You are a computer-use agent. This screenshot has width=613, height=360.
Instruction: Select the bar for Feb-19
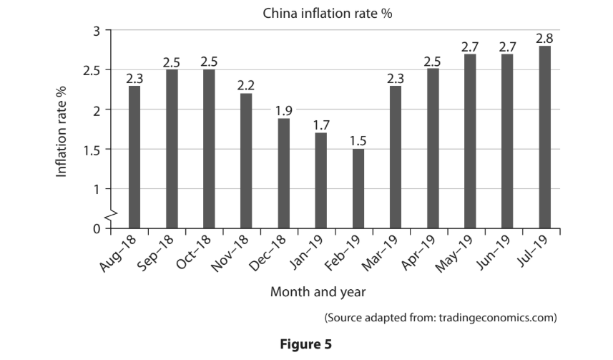pyautogui.click(x=358, y=188)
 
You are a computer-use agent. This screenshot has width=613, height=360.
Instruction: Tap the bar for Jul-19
pyautogui.click(x=544, y=137)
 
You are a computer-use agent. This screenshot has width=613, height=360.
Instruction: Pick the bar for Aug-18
pyautogui.click(x=134, y=157)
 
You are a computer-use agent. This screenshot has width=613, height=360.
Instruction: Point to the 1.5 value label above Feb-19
pyautogui.click(x=358, y=140)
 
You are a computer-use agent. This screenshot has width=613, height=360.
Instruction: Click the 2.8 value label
pyautogui.click(x=544, y=38)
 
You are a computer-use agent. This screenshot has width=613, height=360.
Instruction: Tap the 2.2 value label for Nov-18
pyautogui.click(x=246, y=85)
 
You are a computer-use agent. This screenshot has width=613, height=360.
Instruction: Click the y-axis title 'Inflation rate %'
pyautogui.click(x=62, y=130)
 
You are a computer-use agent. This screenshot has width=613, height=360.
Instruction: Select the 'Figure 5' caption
pyautogui.click(x=306, y=344)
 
